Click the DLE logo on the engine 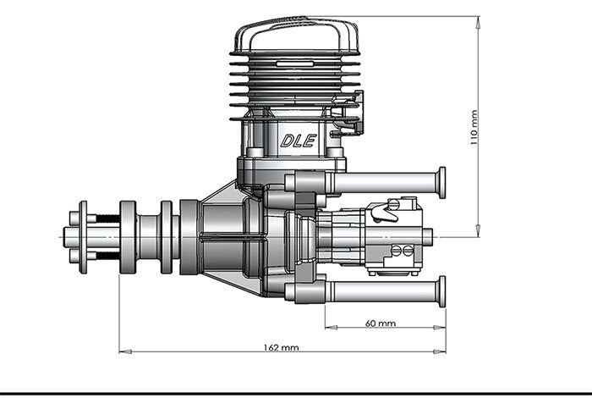298,141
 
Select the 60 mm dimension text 381,323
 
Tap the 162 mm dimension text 282,347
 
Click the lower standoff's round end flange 441,291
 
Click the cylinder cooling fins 296,85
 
